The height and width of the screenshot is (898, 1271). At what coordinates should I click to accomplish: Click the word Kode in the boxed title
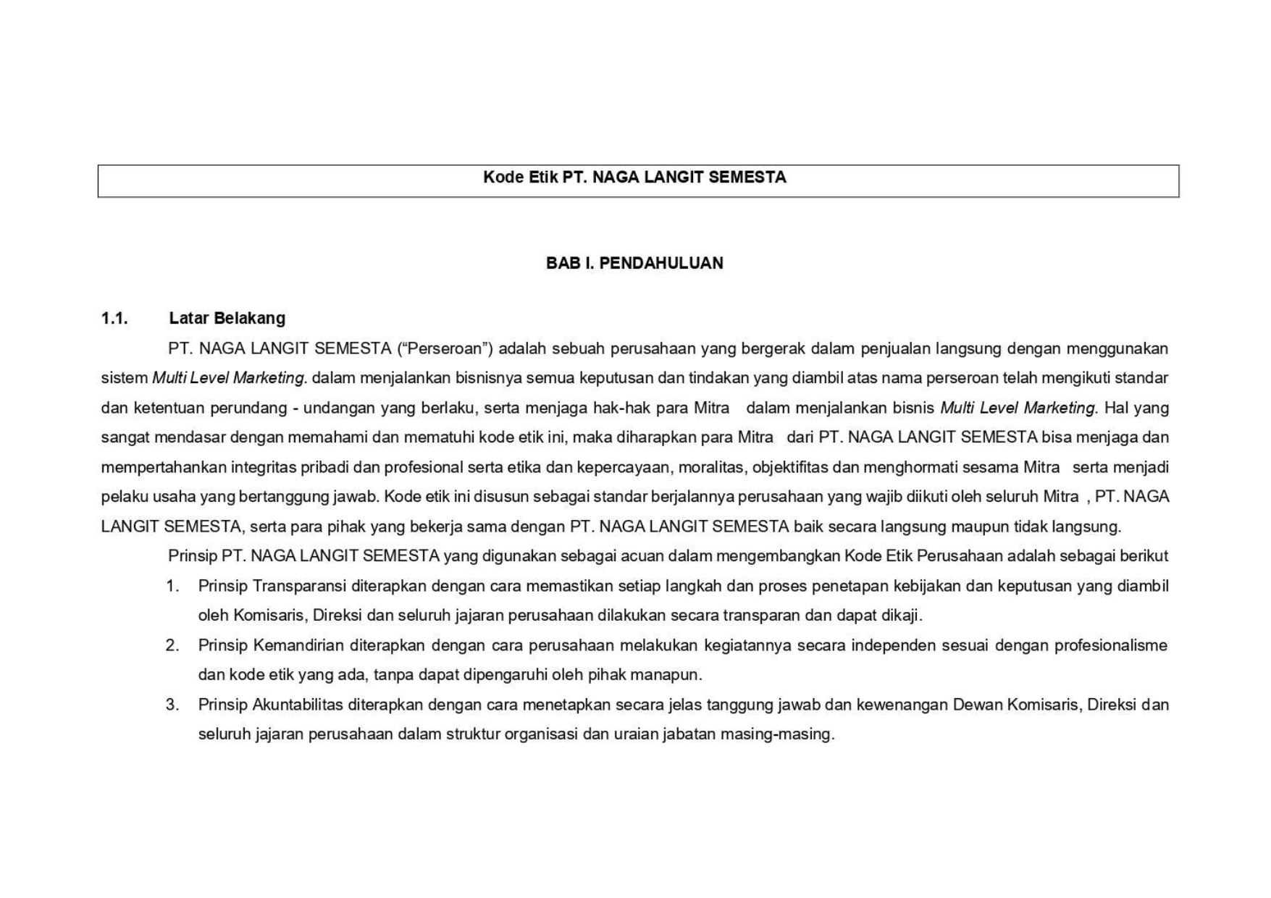[503, 177]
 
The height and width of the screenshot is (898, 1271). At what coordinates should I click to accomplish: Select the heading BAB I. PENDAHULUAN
[634, 263]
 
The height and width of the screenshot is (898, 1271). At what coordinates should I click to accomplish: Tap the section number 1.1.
[114, 319]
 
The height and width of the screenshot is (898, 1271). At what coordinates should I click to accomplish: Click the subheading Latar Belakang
[227, 319]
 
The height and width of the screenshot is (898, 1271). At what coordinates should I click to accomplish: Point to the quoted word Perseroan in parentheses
[445, 348]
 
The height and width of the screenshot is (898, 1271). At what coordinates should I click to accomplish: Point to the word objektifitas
[790, 467]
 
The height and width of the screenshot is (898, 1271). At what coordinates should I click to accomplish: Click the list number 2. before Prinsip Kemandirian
[172, 645]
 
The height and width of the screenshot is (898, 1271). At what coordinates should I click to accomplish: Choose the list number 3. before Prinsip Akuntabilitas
[172, 705]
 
